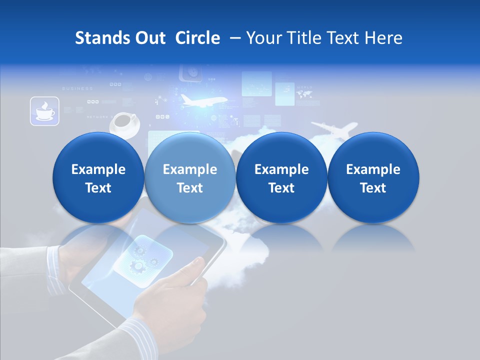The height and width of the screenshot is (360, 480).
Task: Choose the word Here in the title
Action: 383,38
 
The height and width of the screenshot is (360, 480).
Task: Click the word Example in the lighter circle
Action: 190,169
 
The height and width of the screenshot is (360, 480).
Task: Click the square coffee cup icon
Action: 44,111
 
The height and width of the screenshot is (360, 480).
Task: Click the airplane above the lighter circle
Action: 202,101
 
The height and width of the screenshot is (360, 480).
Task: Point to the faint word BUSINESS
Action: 77,88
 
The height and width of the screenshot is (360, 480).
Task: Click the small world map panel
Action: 306,94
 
